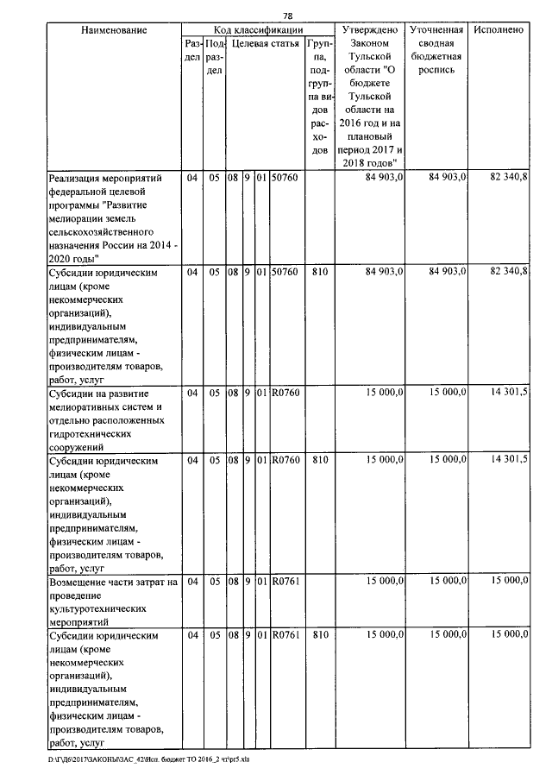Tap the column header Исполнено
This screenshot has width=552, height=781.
point(499,30)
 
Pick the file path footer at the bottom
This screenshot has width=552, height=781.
point(148,760)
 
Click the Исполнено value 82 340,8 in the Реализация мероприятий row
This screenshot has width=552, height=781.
point(508,178)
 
